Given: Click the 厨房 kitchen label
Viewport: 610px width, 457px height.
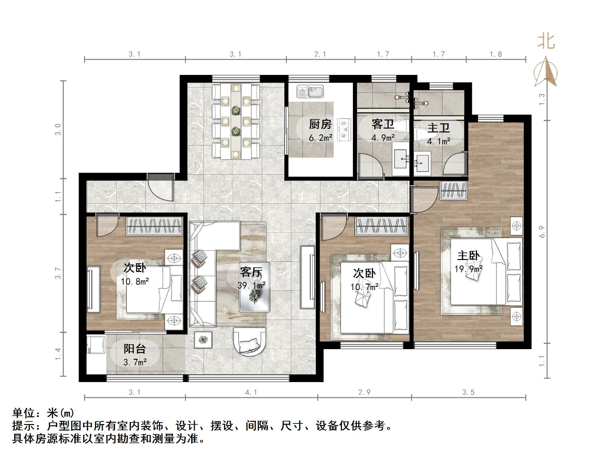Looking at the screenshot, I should click(x=320, y=124).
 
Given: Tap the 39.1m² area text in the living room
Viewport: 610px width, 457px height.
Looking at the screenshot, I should click(x=252, y=285).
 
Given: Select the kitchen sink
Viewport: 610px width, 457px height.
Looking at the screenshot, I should click(x=310, y=91).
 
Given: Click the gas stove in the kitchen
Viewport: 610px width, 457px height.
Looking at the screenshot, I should click(x=344, y=130).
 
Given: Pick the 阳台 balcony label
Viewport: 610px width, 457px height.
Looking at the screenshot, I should click(x=135, y=349).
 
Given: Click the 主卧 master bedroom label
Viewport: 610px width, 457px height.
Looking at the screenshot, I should click(x=468, y=256).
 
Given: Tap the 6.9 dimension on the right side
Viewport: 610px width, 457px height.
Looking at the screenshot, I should click(x=542, y=232).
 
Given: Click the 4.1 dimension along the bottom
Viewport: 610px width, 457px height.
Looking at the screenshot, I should click(x=251, y=392).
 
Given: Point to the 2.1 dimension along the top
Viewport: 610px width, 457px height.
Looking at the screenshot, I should click(x=320, y=54).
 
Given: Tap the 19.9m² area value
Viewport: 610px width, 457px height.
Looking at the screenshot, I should click(x=469, y=269).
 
